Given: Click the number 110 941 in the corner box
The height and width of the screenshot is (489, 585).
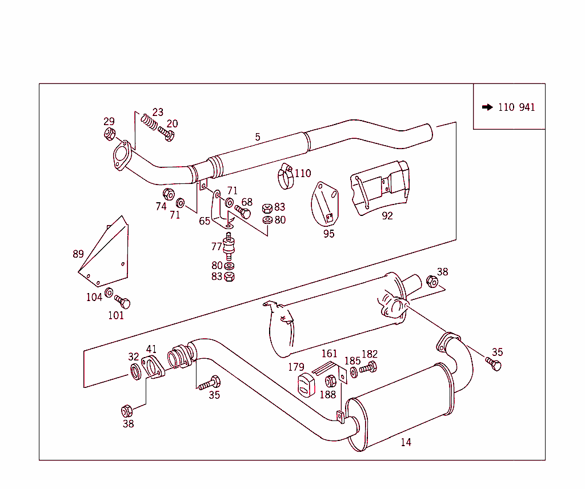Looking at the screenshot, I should point(516,107).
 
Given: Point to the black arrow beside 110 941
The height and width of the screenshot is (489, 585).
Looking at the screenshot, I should point(487,107).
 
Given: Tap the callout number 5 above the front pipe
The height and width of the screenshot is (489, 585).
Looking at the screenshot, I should point(258,137).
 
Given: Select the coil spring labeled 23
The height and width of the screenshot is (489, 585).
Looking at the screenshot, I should point(149,122).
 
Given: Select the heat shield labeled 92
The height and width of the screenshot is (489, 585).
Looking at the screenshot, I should point(380,188).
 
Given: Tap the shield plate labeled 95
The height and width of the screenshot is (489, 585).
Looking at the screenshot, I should point(325,204).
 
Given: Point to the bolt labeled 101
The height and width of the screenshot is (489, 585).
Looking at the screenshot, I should point(122,301).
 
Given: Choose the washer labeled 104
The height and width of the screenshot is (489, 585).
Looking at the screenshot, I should point(109,294).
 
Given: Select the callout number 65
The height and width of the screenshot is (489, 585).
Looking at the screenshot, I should point(205,221).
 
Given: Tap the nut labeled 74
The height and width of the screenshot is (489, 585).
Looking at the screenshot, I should point(169,194).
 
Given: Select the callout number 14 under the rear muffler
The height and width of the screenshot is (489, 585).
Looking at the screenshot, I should point(406,442).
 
